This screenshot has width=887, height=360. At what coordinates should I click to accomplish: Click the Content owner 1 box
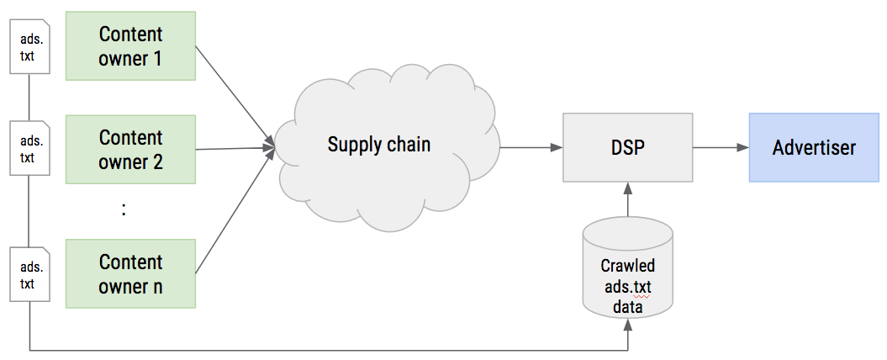pos(130,46)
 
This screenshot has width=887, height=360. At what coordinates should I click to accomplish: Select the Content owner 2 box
pos(130,149)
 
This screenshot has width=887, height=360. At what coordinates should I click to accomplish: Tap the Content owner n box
pos(130,273)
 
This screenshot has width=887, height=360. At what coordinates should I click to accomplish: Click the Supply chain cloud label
pos(378,144)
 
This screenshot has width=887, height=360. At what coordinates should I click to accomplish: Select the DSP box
pos(627,148)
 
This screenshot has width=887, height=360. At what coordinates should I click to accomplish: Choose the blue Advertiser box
pos(814,148)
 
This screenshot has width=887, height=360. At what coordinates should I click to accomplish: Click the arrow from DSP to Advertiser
pos(720,148)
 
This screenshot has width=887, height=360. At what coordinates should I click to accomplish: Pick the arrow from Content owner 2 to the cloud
pos(235,149)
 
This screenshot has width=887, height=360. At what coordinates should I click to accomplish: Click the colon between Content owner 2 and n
pos(124,210)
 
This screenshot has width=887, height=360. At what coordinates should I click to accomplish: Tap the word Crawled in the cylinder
pos(627,266)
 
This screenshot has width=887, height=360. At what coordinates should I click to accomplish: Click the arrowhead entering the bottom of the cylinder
pos(627,329)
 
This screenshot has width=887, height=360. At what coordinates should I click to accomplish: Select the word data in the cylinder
pos(627,307)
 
